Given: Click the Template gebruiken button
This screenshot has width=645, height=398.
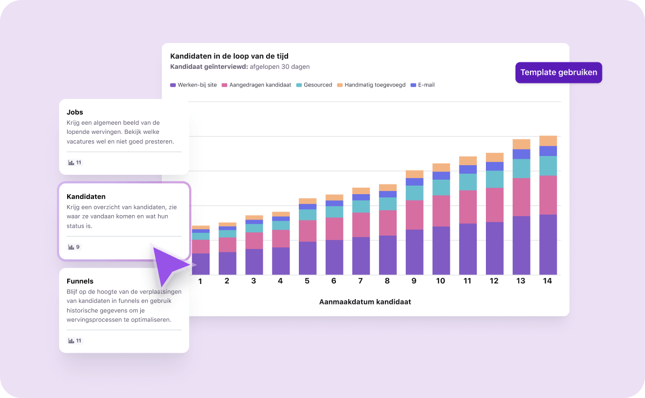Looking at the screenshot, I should [558, 73].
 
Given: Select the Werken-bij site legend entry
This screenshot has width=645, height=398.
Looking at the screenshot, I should [193, 85].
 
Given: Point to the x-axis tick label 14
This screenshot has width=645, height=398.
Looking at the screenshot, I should [548, 281].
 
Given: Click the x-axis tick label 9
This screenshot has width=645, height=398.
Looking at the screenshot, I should [414, 281].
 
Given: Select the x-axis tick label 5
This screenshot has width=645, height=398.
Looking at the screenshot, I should [307, 281].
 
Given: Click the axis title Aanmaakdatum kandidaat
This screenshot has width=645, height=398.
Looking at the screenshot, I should [365, 302].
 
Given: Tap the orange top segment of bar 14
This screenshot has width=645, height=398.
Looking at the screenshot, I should [548, 141].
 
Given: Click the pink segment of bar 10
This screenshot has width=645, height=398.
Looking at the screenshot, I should [441, 211].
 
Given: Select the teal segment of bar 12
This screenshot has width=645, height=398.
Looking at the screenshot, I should [494, 179].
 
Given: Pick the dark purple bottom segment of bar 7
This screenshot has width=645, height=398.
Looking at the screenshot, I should [361, 256].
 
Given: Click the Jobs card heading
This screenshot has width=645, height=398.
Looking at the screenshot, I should [75, 112].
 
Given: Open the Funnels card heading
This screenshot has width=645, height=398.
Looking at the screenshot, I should [80, 281].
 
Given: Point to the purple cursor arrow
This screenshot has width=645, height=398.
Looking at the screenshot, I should [169, 264].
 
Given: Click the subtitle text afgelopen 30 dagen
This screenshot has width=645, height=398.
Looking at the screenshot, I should [279, 67].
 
